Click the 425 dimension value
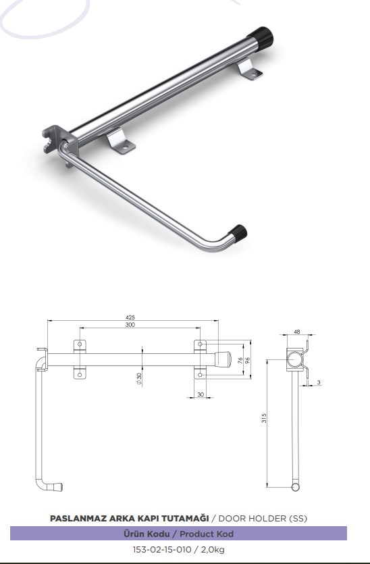point(130,317)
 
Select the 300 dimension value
point(130,325)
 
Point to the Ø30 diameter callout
point(139,379)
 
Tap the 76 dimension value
point(240,361)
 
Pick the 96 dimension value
point(247,361)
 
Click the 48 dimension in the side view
point(296,332)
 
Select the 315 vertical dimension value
point(264,418)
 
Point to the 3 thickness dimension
point(319,382)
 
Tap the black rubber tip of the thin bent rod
point(238,233)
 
